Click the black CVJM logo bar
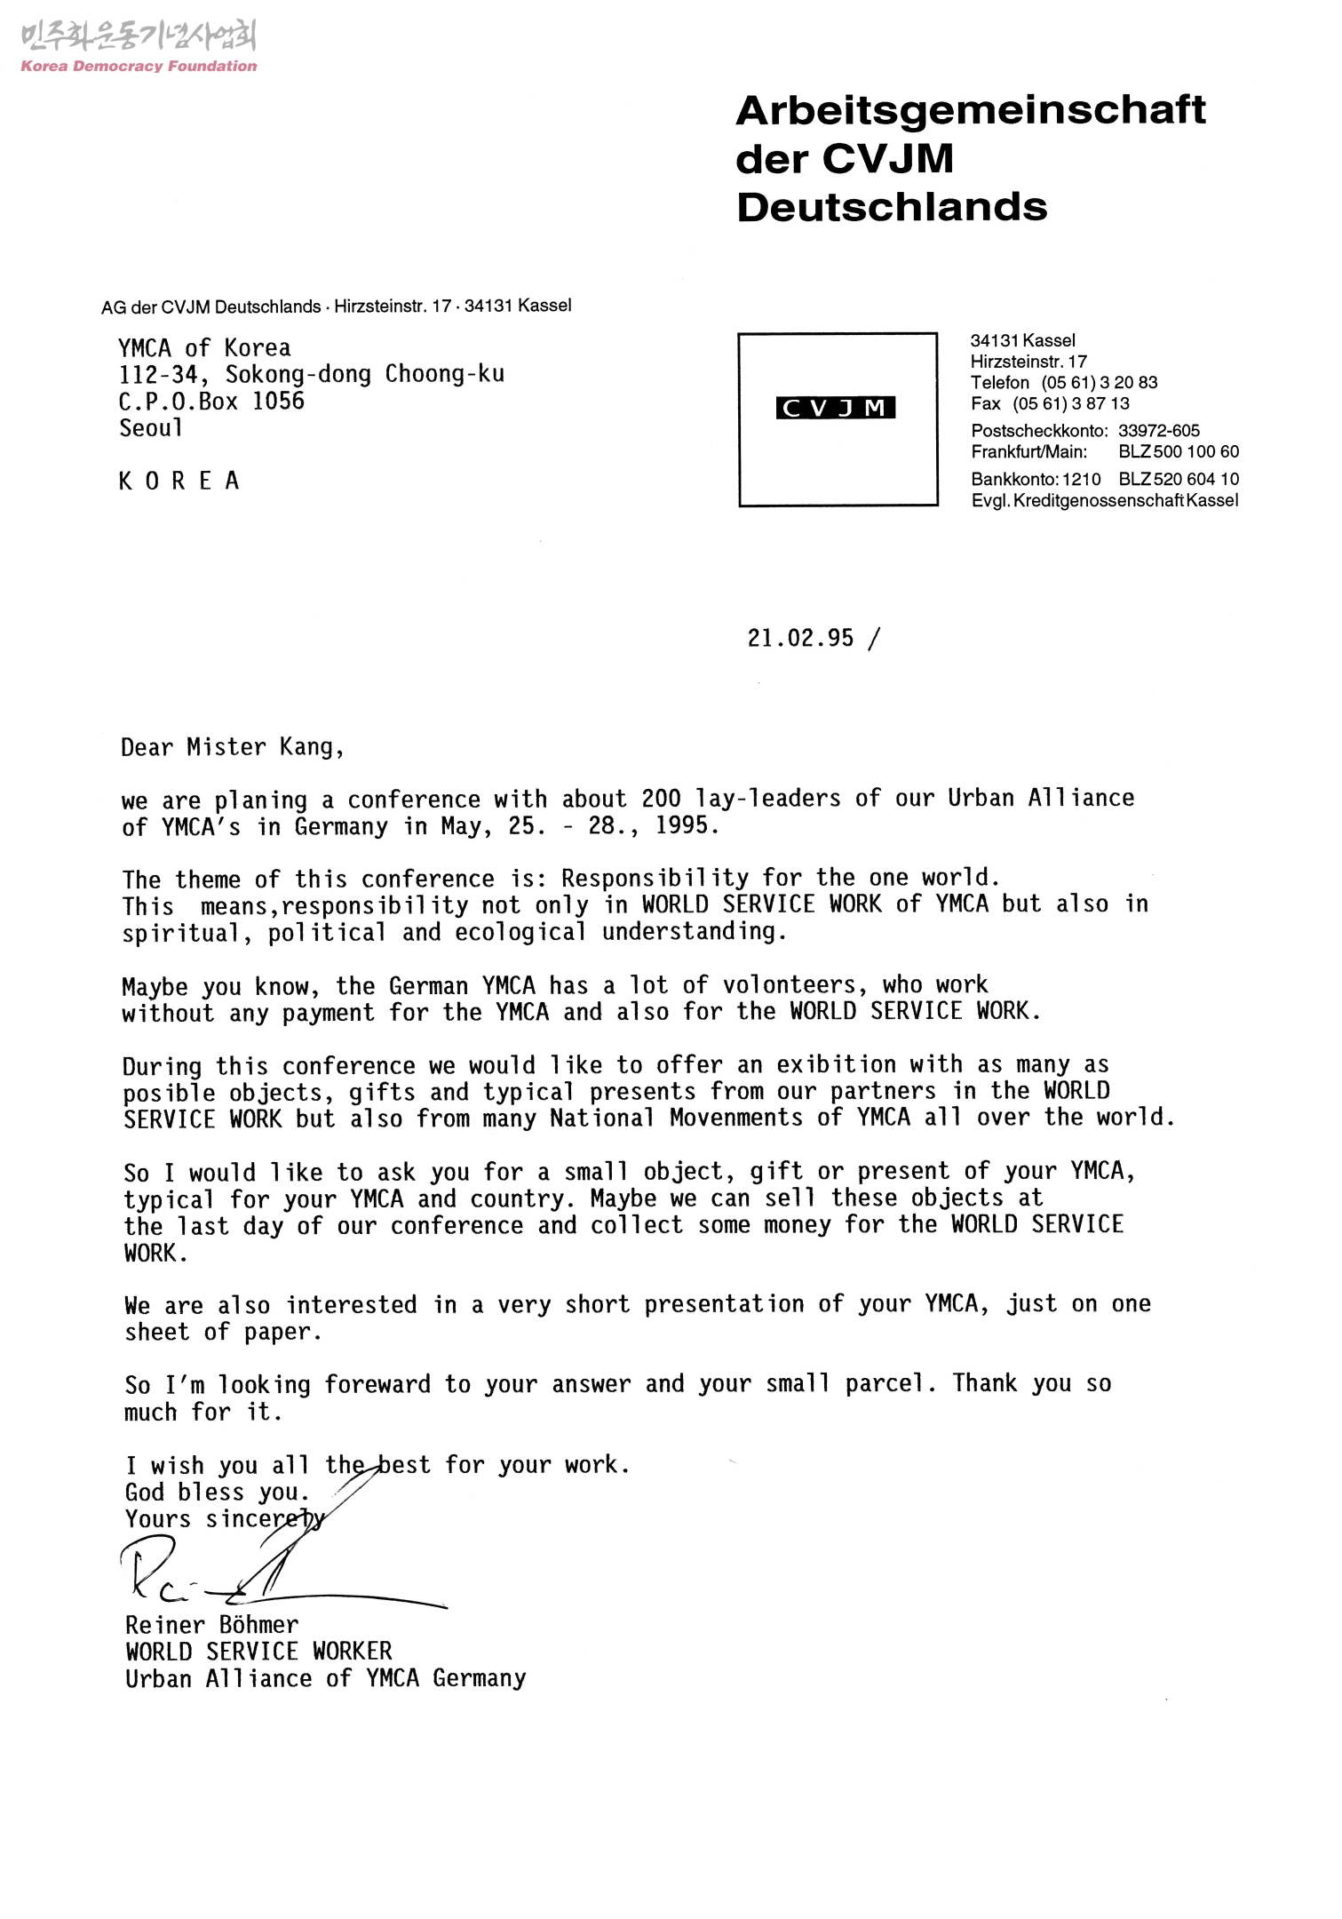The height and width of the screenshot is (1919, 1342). coord(835,408)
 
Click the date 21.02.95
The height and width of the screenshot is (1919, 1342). coord(800,638)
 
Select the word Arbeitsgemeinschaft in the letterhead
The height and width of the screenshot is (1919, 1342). coord(971,110)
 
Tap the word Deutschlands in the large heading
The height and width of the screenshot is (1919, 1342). coord(892,207)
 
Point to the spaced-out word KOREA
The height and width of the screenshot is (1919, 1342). coord(179,482)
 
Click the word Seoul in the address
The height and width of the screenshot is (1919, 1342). coord(151,428)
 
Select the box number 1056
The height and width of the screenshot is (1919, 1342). coord(278,402)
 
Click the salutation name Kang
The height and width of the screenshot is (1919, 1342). coord(307,747)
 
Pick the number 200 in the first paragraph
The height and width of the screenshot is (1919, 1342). coord(661,799)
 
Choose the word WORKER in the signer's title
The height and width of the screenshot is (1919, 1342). coord(352,1652)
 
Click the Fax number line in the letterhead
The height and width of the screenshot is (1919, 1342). coord(1050,404)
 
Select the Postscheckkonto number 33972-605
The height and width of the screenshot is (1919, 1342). coord(1158,431)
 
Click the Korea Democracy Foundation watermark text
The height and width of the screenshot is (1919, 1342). coord(139,66)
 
